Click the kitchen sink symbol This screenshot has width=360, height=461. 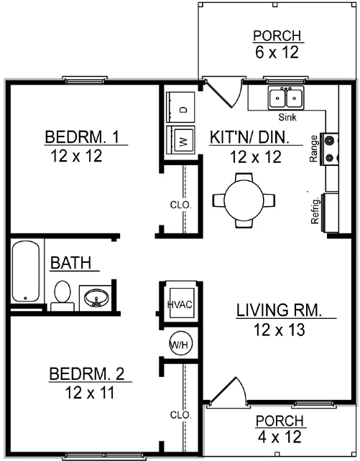[x=287, y=97]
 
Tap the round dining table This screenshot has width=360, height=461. [x=244, y=195]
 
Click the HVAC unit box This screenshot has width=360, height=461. [x=178, y=304]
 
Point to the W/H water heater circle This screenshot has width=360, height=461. [x=178, y=344]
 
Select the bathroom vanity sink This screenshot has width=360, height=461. [x=94, y=296]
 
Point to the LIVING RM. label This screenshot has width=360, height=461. [x=277, y=311]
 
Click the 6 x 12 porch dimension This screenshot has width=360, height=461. [x=277, y=52]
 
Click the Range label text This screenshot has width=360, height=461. [x=313, y=146]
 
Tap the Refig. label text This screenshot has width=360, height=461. [x=315, y=210]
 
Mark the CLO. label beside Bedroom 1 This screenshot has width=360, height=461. [x=181, y=205]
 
